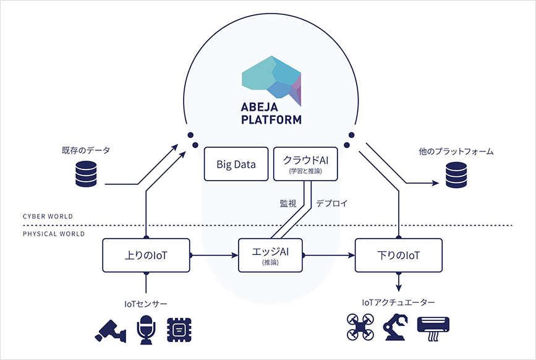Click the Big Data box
click(236, 164)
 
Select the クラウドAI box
click(305, 164)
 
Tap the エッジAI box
click(270, 255)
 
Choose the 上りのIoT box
click(146, 255)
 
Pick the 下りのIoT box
click(399, 255)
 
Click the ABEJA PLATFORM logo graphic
click(271, 80)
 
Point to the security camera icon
click(111, 331)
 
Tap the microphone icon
click(146, 330)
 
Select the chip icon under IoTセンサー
click(179, 330)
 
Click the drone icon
click(360, 327)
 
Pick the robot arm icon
click(396, 327)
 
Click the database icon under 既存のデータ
click(86, 174)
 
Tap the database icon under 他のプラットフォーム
click(456, 174)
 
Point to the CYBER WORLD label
click(48, 216)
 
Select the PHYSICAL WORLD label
click(54, 234)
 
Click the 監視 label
click(288, 204)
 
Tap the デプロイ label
click(331, 204)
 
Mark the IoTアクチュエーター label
click(398, 302)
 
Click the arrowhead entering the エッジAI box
click(235, 255)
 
